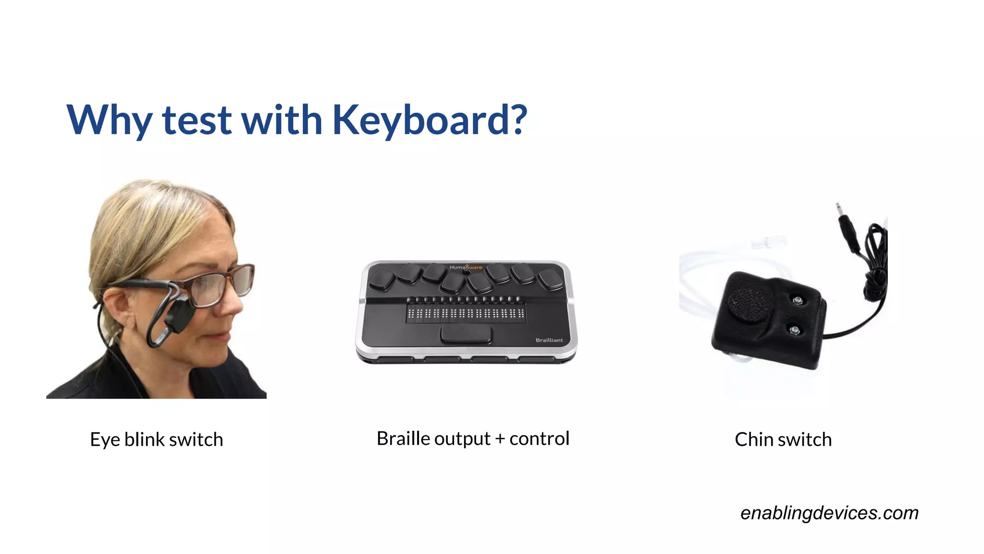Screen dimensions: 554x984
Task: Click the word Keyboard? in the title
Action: [x=429, y=120]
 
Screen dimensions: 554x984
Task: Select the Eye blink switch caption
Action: [x=157, y=440]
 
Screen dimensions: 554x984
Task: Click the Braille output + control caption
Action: [x=473, y=439]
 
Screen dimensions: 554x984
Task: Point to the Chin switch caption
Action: [x=783, y=440]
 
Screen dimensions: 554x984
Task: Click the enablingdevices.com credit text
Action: [x=829, y=513]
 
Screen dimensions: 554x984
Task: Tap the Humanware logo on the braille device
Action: [x=466, y=267]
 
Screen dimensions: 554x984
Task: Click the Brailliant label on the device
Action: [x=549, y=340]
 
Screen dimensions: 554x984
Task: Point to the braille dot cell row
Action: [x=466, y=314]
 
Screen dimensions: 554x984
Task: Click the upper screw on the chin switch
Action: [x=798, y=301]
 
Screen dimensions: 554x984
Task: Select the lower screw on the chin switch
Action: [x=795, y=330]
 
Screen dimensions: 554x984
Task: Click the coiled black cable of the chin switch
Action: [x=876, y=260]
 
